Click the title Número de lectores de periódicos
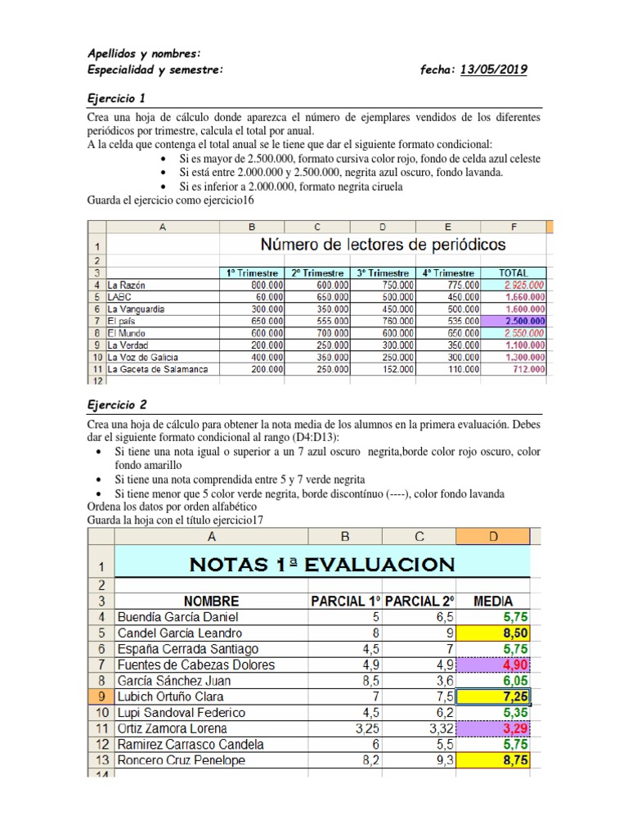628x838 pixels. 383,245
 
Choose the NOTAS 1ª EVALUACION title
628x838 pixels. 321,564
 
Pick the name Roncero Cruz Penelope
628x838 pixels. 182,760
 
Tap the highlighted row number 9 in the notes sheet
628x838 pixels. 101,696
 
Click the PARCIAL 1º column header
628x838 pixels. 345,601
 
